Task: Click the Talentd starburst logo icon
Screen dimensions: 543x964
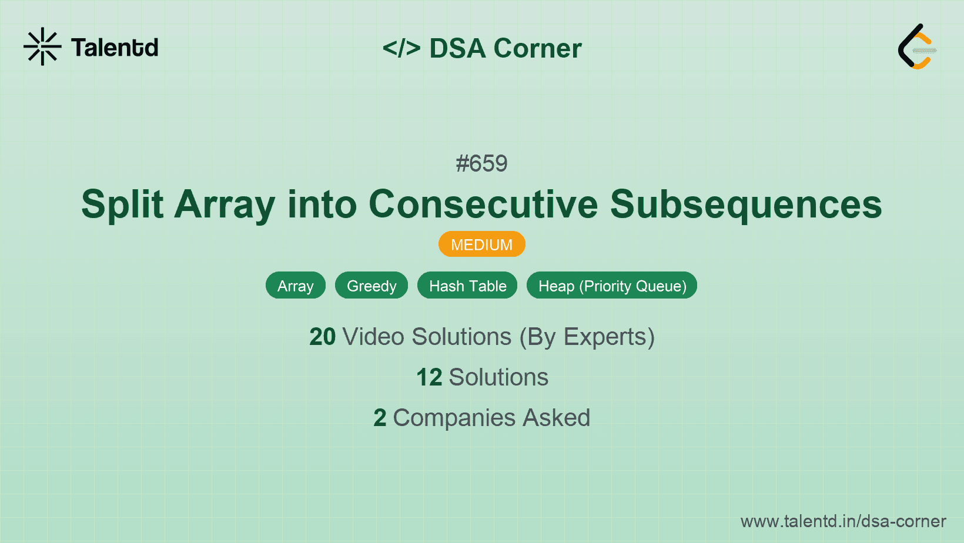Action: (42, 47)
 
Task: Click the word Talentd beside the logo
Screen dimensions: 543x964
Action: (115, 48)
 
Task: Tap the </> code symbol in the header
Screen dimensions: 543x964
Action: (401, 48)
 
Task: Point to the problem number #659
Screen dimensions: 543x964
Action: (481, 163)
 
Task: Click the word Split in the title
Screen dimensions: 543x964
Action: (122, 205)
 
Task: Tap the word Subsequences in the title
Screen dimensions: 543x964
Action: (746, 205)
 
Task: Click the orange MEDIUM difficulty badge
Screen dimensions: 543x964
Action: (481, 244)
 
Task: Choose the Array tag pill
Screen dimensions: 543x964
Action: (295, 286)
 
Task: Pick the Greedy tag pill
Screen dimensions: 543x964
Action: (371, 286)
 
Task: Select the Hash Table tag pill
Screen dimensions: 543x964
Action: (467, 286)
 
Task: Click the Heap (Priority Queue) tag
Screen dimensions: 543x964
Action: (612, 286)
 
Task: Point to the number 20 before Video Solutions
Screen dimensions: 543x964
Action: (322, 337)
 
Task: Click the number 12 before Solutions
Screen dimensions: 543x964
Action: (429, 377)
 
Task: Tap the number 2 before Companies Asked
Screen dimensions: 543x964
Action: (380, 418)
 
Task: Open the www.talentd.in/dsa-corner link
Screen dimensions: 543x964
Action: (843, 521)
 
